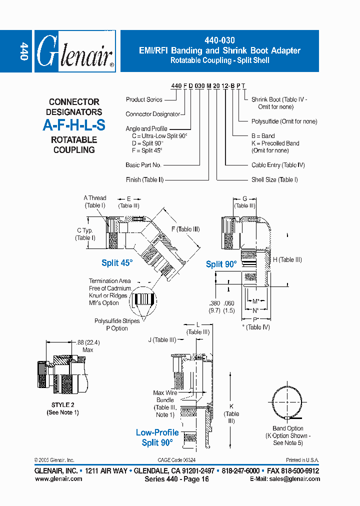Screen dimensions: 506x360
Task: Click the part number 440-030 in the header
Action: [220, 40]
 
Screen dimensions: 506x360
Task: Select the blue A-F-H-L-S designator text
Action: [74, 125]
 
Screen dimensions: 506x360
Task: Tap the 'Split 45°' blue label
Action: [117, 263]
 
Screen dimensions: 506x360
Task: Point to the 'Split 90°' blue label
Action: [221, 264]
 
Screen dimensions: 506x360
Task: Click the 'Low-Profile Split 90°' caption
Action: [157, 437]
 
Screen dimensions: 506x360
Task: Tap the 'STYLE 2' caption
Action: [62, 405]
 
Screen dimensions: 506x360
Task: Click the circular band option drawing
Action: [287, 402]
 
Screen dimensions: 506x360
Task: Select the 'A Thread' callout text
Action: [94, 201]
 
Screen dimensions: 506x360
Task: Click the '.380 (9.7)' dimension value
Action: [214, 306]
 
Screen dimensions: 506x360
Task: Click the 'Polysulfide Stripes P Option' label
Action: [116, 324]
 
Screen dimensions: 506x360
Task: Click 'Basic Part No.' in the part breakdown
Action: [143, 165]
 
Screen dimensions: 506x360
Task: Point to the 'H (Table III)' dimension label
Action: [287, 259]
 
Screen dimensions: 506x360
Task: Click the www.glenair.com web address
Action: [58, 478]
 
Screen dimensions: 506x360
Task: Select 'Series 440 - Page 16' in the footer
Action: [176, 479]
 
